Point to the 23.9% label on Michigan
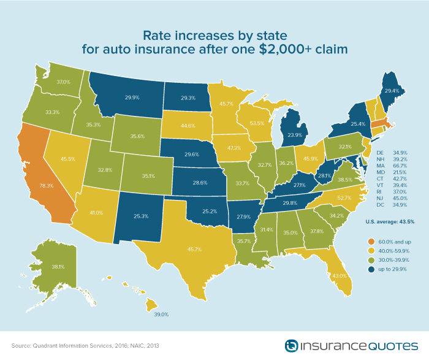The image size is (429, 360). coord(295,135)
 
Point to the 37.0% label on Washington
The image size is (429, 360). coord(63,82)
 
